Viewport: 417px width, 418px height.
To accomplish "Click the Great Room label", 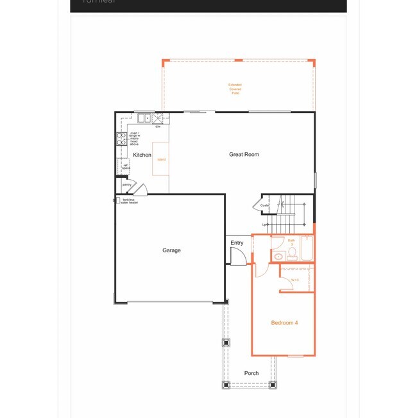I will coord(244,155).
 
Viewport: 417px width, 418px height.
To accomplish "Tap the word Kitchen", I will coord(142,155).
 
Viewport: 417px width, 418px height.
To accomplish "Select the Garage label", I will coord(171,250).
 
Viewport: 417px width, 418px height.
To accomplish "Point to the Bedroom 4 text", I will coord(284,322).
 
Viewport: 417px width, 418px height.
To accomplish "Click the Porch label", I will coord(251,373).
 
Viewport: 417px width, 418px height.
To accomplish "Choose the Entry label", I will coord(237,243).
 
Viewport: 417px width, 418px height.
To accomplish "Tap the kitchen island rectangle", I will coord(160,159).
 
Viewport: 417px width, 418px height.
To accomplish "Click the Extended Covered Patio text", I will coord(235,89).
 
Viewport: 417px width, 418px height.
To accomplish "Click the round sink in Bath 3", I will coord(277,256).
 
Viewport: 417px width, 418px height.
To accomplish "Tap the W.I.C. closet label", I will coord(295,280).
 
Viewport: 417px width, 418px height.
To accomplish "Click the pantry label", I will coord(126,184).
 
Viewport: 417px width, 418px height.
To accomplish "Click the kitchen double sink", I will coord(144,118).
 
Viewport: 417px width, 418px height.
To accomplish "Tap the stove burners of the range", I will coord(120,140).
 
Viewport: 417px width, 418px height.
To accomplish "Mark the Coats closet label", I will coord(264,205).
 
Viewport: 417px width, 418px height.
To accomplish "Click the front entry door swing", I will coord(237,257).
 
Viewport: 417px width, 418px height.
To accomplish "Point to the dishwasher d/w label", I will coord(157,126).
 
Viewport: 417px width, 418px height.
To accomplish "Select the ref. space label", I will coord(126,166).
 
